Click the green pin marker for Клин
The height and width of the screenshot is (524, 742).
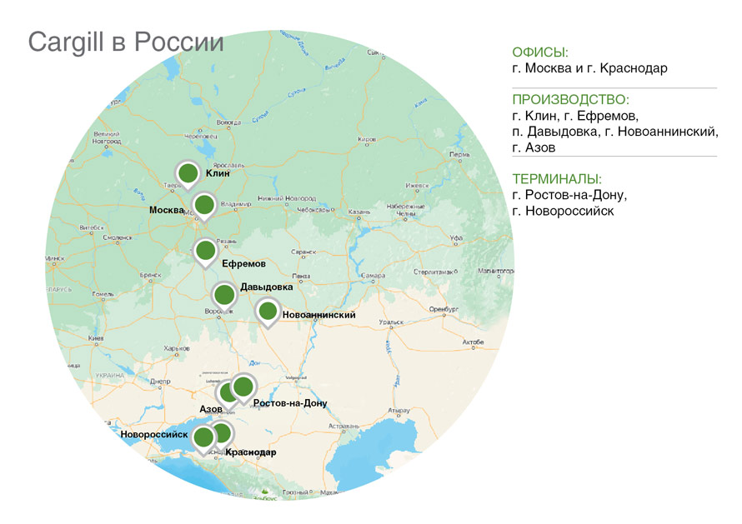click(189, 173)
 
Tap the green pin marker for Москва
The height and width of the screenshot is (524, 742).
click(204, 205)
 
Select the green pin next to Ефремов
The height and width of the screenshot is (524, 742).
click(206, 250)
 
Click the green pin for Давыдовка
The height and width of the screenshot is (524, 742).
click(224, 294)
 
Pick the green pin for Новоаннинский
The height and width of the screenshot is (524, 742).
click(268, 312)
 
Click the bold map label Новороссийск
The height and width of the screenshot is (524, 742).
click(153, 435)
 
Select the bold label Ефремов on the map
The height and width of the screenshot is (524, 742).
click(243, 263)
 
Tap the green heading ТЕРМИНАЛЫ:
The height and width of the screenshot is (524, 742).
click(557, 179)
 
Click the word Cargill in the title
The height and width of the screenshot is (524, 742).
click(66, 42)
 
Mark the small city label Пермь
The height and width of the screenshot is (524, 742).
click(459, 155)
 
